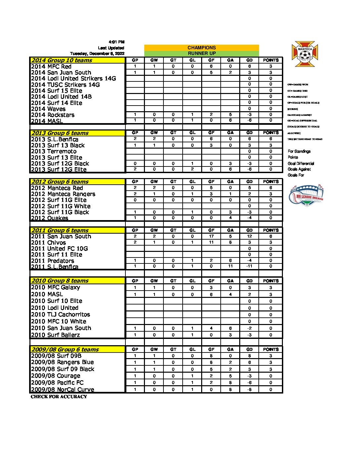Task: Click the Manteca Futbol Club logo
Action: (305, 54)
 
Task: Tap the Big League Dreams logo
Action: (306, 196)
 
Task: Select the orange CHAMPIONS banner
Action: (202, 48)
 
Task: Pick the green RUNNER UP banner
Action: (202, 53)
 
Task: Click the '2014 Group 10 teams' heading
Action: (62, 60)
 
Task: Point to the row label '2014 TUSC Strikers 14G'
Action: (65, 85)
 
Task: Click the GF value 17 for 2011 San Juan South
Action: (211, 236)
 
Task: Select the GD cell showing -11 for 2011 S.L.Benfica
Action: (249, 266)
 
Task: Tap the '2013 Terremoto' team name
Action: (54, 151)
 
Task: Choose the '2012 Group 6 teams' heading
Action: (60, 182)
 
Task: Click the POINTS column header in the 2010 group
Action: (271, 281)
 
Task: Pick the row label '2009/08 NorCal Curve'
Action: (63, 390)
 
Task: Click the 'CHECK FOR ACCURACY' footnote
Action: (59, 396)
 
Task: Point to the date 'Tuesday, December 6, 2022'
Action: (97, 54)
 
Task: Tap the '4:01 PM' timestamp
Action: (116, 42)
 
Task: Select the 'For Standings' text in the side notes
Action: (299, 151)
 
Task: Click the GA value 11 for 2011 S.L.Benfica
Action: (230, 266)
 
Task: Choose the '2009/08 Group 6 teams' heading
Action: (65, 349)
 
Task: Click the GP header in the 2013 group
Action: (135, 133)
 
